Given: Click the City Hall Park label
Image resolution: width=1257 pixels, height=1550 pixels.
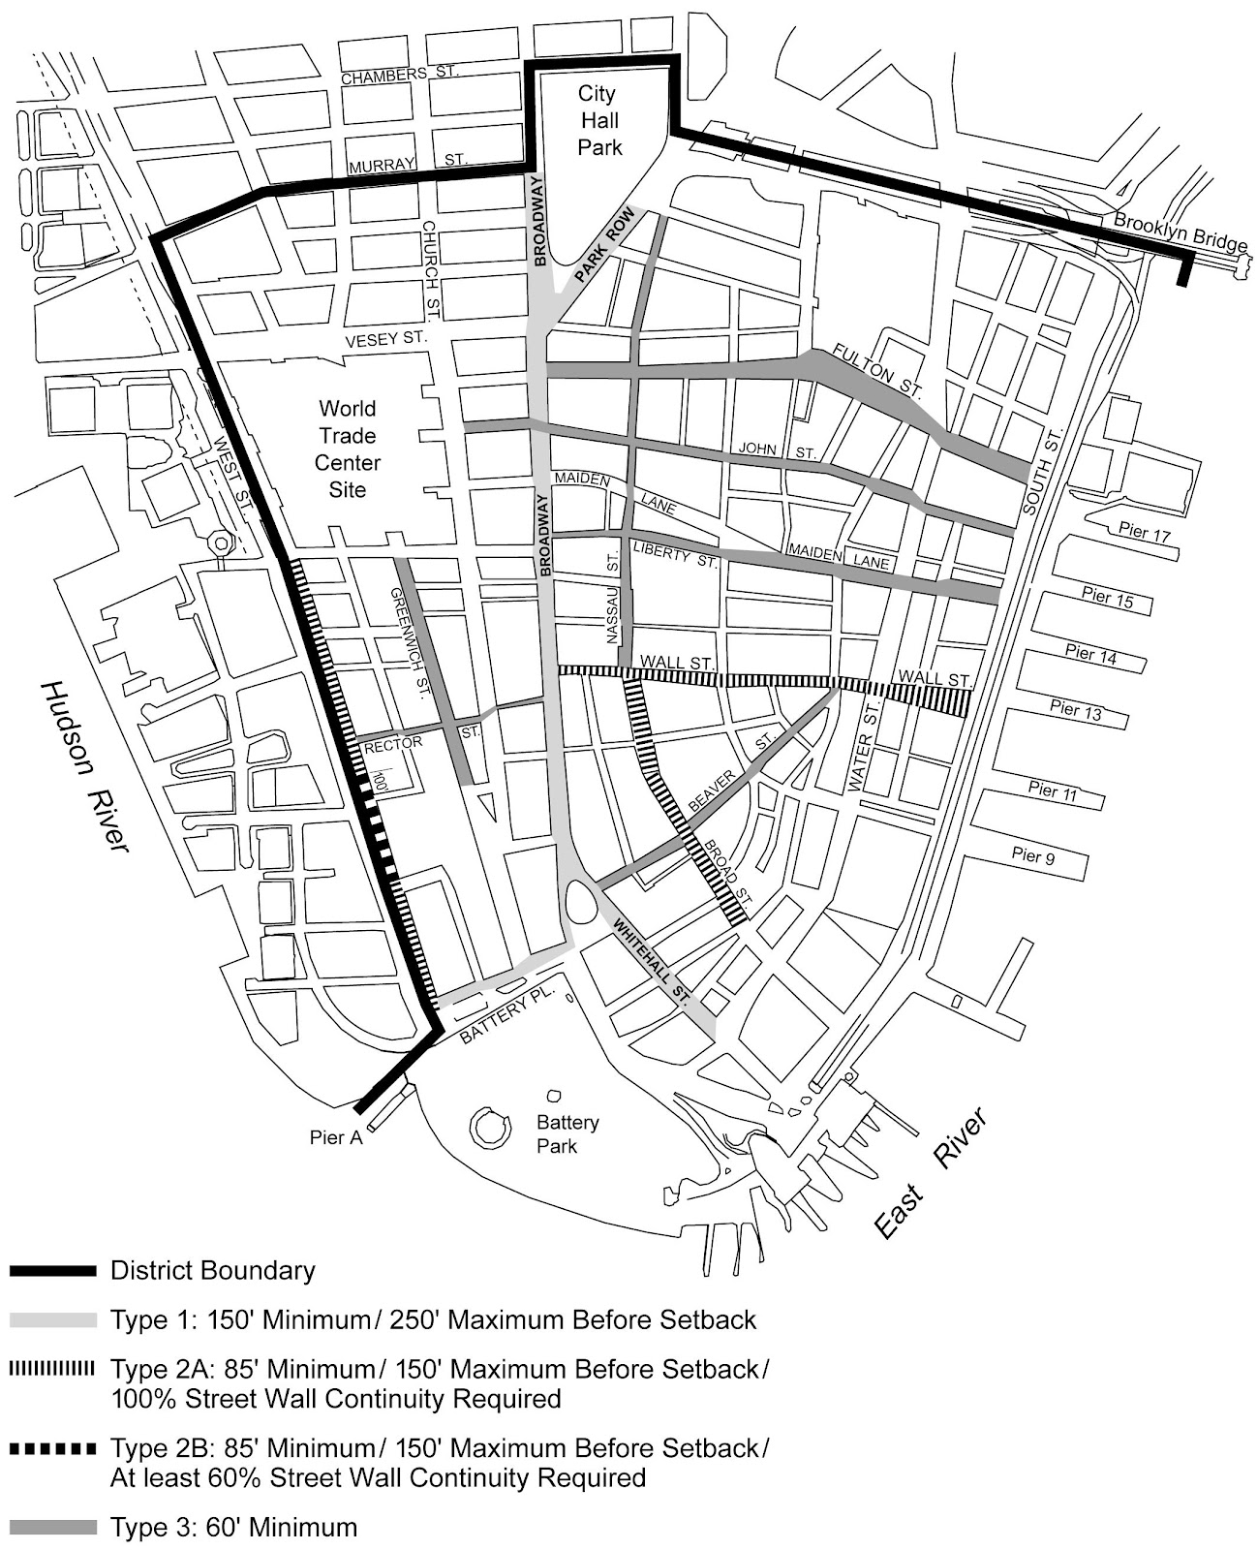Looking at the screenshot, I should pyautogui.click(x=598, y=120).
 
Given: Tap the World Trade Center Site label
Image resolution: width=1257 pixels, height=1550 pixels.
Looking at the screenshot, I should pyautogui.click(x=348, y=449).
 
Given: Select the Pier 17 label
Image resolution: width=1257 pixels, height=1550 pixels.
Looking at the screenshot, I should pyautogui.click(x=1145, y=532).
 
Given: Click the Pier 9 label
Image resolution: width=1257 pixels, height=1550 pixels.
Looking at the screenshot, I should pyautogui.click(x=1032, y=854).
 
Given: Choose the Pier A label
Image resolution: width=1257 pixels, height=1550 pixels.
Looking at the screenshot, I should pyautogui.click(x=336, y=1137).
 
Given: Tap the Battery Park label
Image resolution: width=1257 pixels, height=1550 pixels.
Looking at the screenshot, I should pyautogui.click(x=567, y=1133).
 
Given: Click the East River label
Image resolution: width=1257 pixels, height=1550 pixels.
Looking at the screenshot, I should pyautogui.click(x=932, y=1173).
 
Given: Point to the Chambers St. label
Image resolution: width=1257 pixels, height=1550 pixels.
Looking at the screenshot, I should pyautogui.click(x=398, y=76).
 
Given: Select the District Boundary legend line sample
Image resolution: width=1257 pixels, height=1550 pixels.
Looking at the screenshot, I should pyautogui.click(x=53, y=1270).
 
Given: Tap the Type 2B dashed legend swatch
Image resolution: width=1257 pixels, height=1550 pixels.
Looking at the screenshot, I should pyautogui.click(x=53, y=1449).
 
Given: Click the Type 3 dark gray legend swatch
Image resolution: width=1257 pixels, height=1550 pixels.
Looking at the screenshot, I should pyautogui.click(x=53, y=1528).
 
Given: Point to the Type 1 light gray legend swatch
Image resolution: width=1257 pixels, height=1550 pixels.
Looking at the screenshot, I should pyautogui.click(x=53, y=1319).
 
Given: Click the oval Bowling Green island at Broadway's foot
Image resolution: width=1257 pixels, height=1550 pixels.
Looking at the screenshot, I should pyautogui.click(x=581, y=902).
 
